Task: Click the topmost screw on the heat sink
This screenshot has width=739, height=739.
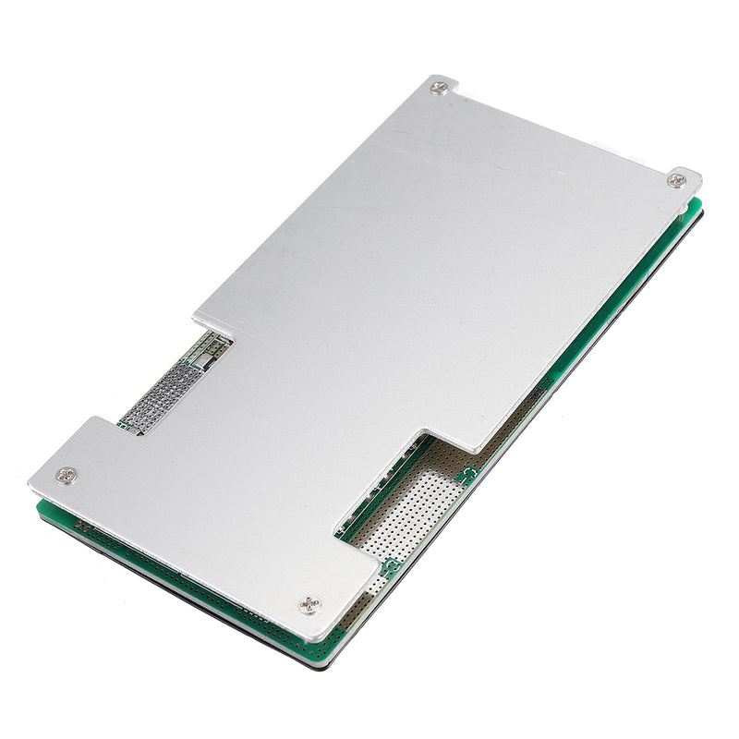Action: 438,89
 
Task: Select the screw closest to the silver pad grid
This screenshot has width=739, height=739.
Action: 65,475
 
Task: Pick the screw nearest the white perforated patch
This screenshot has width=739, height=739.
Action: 310,606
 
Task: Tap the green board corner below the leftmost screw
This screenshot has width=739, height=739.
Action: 42,507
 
